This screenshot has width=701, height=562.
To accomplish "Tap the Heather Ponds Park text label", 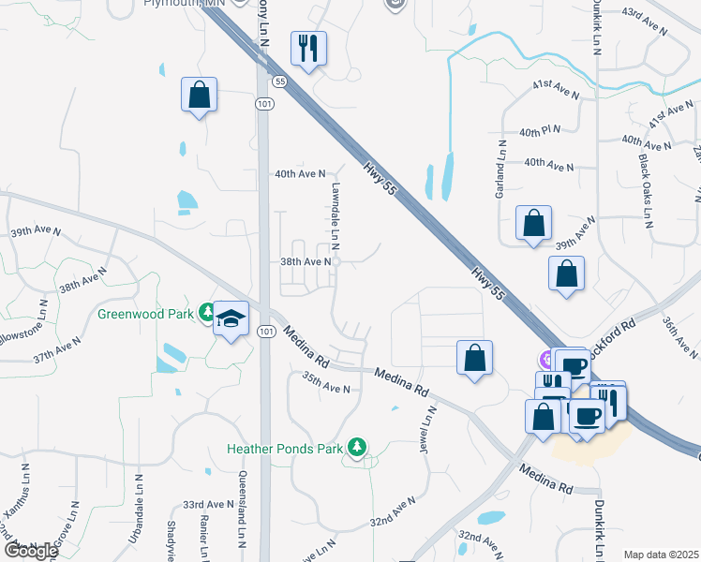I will pos(285,449).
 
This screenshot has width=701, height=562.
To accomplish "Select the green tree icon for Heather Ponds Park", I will pos(356,448).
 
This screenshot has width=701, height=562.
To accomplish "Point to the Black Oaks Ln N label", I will pos(647,192).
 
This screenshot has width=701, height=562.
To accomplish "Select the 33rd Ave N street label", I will pos(208,504).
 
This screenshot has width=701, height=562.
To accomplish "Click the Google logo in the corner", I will pos(31,550).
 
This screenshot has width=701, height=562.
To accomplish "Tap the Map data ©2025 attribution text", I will pos(660,555).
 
